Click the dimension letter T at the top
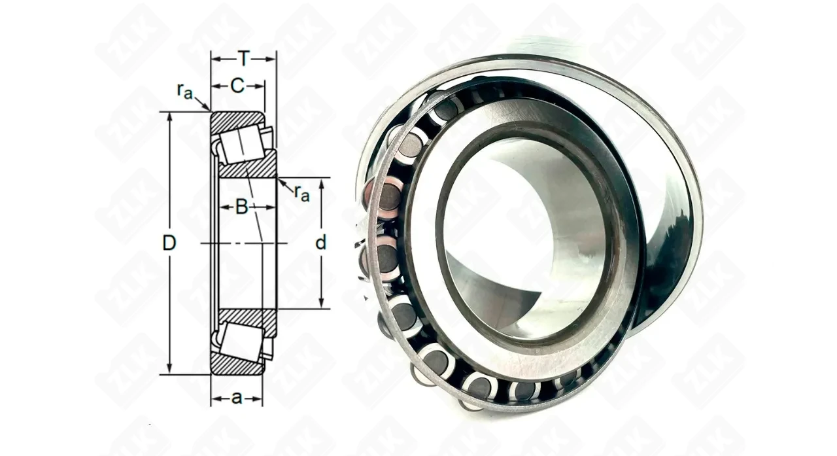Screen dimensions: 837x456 (x=244, y=59)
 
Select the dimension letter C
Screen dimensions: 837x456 (x=237, y=86)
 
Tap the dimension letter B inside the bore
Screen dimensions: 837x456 (x=242, y=207)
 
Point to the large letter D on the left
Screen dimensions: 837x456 (x=169, y=243)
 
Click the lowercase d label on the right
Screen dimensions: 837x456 (x=320, y=242)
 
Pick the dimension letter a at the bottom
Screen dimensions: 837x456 (x=237, y=398)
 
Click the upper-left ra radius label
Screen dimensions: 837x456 (x=185, y=91)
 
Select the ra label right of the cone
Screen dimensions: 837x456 (x=302, y=192)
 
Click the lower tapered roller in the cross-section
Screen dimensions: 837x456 (x=241, y=342)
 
